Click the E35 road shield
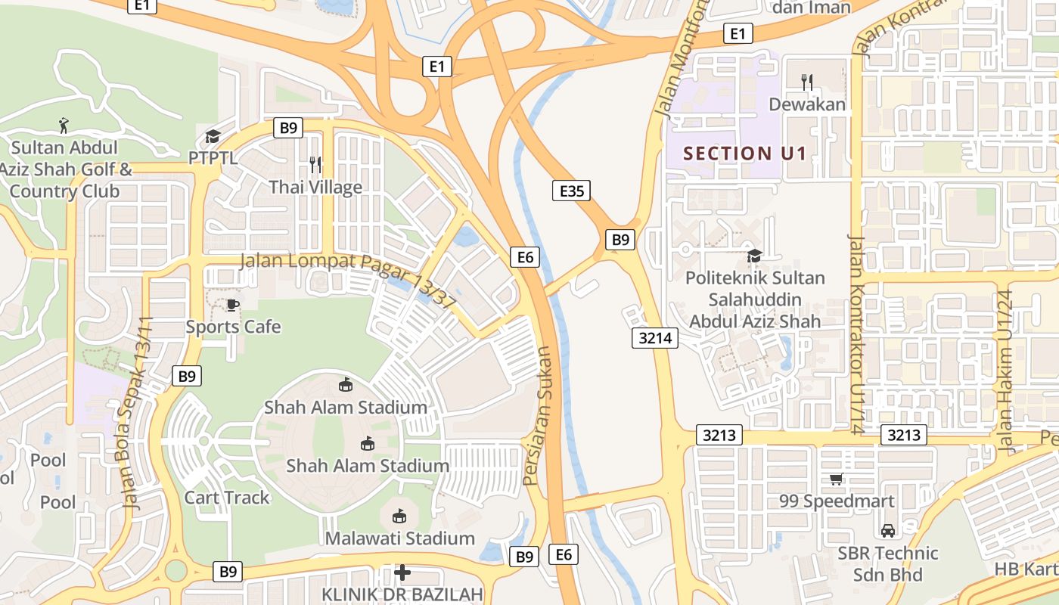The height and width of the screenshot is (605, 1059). [x=571, y=191]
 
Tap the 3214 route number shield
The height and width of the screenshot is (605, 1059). [x=655, y=338]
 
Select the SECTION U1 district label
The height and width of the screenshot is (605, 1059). [x=745, y=154]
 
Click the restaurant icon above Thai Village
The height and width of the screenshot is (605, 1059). [x=315, y=164]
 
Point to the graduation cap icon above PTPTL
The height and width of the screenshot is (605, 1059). [x=213, y=137]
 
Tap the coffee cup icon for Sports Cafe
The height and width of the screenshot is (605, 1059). [x=233, y=305]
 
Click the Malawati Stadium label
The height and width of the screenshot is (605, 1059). [x=400, y=538]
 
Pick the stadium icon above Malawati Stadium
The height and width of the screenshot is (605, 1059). [x=399, y=517]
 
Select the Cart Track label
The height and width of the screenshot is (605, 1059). [x=227, y=497]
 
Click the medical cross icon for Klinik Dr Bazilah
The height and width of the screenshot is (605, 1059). [x=402, y=572]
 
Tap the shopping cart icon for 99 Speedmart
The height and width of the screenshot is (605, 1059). [x=837, y=479]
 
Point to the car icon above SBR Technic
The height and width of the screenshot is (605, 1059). [x=888, y=531]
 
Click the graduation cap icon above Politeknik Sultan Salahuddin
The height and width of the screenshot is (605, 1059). [x=754, y=256]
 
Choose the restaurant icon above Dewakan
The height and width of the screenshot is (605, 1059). [x=807, y=82]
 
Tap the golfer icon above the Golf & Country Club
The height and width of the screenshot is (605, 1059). [x=64, y=125]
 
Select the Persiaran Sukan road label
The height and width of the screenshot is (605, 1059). [x=539, y=416]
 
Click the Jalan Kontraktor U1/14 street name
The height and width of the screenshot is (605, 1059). [x=856, y=333]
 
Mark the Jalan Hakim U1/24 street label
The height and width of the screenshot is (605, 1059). [x=1005, y=371]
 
